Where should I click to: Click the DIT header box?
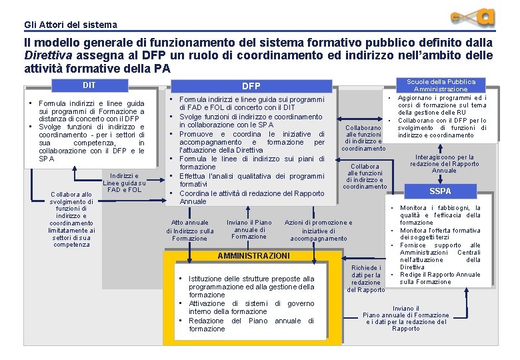point(89,85)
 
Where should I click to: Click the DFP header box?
point(251,86)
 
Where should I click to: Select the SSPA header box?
point(440,191)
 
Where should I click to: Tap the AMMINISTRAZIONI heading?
point(253,256)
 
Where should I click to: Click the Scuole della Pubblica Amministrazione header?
point(441,85)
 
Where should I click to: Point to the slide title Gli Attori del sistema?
point(70,25)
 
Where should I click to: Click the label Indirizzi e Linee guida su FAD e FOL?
point(125,183)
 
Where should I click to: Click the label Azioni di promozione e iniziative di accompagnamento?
point(319,230)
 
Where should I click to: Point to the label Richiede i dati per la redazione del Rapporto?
point(366,279)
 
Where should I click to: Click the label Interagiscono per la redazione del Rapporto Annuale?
point(444,164)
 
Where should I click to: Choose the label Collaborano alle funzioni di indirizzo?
point(363,137)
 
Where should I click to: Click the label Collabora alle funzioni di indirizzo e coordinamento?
point(365,177)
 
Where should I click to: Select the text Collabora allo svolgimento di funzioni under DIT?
point(71,219)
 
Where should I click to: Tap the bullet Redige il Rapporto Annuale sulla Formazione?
point(439,278)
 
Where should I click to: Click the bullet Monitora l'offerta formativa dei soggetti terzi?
point(439,234)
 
